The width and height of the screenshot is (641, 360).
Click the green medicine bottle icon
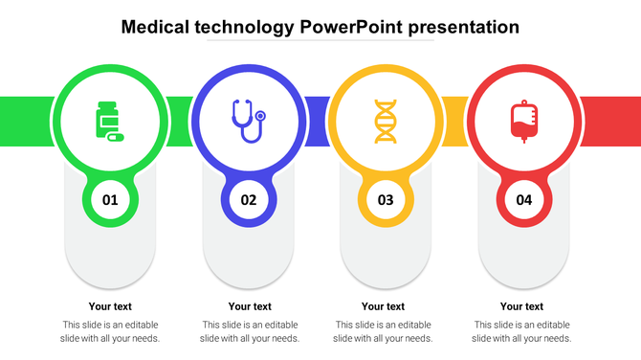pos(109,121)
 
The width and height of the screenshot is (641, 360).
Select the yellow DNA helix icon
pos(386,122)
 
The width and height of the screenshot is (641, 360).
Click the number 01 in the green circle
pos(110,200)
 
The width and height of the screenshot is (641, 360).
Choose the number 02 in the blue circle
pos(249,200)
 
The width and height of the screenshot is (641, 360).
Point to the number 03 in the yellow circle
pos(386,200)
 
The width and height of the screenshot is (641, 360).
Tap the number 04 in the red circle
pos(523,200)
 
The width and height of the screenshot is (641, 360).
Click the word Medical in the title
pos(159,27)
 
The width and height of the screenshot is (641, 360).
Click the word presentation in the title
pos(464,27)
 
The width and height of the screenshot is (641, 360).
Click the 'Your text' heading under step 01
pos(110,306)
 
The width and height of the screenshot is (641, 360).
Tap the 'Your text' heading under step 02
pos(249,306)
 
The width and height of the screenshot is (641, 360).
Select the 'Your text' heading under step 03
pos(383,306)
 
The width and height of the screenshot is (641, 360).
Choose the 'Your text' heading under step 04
pos(521,306)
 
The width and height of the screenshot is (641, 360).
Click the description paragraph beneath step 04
pos(521,331)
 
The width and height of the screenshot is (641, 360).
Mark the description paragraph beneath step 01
pos(110,331)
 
